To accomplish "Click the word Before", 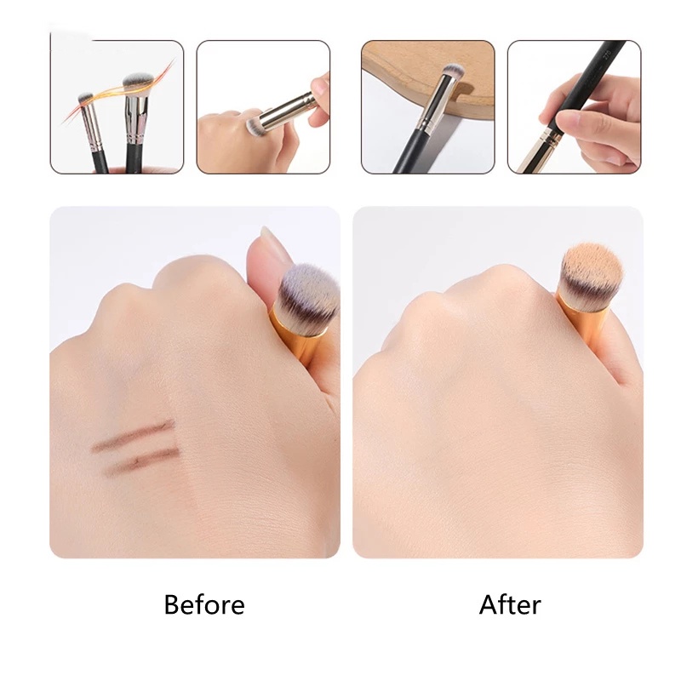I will click(x=203, y=604).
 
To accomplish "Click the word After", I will click(x=510, y=604).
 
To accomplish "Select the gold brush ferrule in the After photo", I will click(x=579, y=311).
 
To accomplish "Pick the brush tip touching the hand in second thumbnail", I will click(x=253, y=127).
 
